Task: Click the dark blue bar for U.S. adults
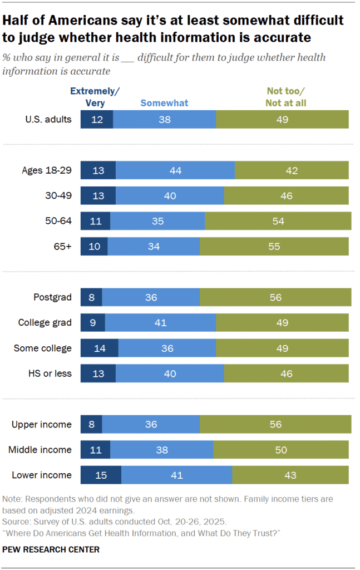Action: (x=97, y=120)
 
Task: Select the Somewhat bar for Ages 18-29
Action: (x=175, y=170)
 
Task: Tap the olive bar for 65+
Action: (x=274, y=246)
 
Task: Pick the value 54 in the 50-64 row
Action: (x=278, y=221)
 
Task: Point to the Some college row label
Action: (x=43, y=348)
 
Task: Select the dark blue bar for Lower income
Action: (x=101, y=475)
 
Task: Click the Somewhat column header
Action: (x=164, y=102)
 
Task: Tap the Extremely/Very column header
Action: (x=95, y=97)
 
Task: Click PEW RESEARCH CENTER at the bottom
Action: (x=51, y=549)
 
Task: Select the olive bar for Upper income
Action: (x=275, y=424)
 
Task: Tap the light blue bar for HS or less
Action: (x=170, y=374)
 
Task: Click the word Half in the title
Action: (x=18, y=21)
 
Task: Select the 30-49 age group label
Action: (x=58, y=196)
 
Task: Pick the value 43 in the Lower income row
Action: (x=290, y=475)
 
